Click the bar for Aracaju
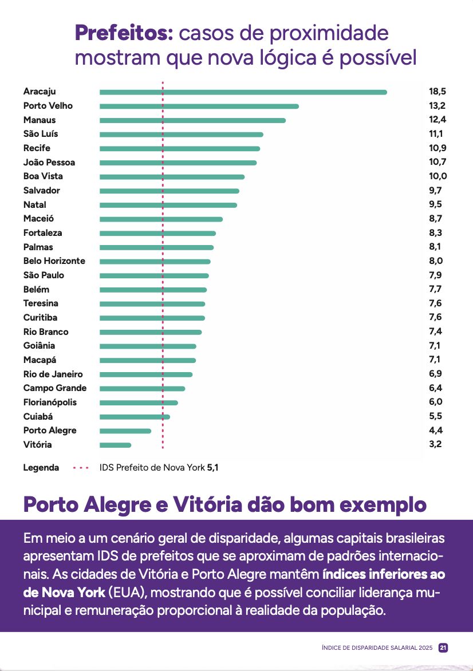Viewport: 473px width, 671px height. pos(243,92)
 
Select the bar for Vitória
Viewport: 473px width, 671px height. pos(115,445)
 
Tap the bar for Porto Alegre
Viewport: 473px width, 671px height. pos(125,431)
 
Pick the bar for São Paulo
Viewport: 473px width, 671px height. pos(154,275)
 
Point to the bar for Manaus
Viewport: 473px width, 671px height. pos(192,120)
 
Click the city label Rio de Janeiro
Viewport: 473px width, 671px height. pos(53,374)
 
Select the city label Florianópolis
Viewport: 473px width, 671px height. pos(50,402)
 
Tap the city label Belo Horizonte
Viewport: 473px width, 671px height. pos(54,261)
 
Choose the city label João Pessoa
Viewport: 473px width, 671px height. pos(49,163)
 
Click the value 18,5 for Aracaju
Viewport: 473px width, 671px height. pos(437,92)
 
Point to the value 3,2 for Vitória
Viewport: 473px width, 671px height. pos(435,445)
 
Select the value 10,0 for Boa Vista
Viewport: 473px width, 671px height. pos(437,176)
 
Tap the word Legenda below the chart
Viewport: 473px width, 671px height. pos(41,468)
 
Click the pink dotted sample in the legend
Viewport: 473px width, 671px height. pos(81,468)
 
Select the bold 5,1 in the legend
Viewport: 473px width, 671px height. pos(212,468)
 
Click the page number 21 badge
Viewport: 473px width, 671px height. pos(443,648)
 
